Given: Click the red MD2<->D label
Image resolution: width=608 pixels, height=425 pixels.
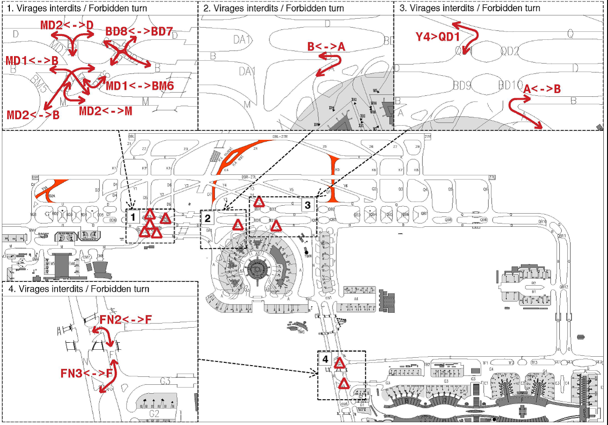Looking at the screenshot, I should coord(67,25).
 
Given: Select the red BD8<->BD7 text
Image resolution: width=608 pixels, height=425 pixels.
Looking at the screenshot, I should coord(139,32).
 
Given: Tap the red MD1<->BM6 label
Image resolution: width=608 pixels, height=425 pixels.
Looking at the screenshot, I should coord(140,86).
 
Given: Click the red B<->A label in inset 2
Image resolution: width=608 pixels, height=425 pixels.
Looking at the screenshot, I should coord(326,46).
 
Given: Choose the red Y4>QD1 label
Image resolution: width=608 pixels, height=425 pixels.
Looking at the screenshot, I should coord(438,36).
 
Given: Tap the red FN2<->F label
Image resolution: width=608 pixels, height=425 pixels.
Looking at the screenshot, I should coord(126,319).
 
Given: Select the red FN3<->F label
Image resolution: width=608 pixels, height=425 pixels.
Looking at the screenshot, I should coord(87,373).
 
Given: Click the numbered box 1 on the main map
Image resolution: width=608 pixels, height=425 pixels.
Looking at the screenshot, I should coord(133,217).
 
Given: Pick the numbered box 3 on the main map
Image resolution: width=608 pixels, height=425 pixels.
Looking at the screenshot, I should coord(307,205).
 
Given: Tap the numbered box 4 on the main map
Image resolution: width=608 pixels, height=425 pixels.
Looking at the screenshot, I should coord(326,360).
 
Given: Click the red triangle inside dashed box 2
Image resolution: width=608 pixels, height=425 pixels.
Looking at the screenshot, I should coord(238,225).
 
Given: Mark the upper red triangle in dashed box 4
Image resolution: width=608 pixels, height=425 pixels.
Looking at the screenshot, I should coord(340,363).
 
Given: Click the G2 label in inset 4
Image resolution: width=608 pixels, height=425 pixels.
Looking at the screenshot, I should coord(154,413).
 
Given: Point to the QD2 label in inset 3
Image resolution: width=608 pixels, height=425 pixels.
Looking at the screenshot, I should coord(510,51).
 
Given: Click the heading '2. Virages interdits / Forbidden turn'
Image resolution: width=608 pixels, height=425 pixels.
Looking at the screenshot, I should coord(274,8).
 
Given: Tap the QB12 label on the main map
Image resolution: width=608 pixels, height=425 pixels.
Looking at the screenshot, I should coord(564,287).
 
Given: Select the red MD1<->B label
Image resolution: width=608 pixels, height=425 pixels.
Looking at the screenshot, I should coord(32,61).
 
